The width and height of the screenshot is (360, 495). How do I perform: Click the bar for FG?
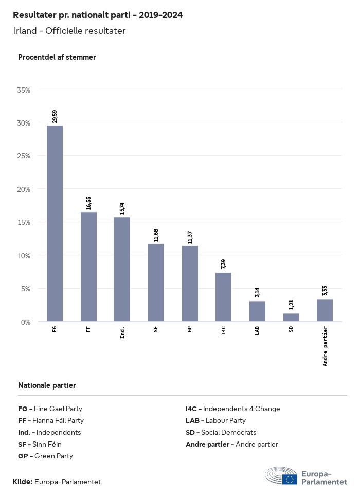(x=55, y=223)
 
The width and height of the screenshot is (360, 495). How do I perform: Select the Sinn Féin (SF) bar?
(x=156, y=282)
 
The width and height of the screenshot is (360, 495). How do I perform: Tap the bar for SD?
(x=291, y=317)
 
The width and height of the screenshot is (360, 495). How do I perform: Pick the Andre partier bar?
(x=325, y=310)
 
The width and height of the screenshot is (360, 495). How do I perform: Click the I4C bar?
(x=223, y=297)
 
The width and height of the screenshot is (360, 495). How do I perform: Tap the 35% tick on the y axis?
(x=24, y=90)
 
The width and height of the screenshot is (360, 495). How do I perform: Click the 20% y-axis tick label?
(x=24, y=189)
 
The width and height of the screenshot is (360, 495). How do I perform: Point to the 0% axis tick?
(x=26, y=322)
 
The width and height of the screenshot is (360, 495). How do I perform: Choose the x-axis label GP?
(x=190, y=329)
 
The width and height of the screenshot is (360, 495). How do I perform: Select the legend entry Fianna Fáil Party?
(x=51, y=420)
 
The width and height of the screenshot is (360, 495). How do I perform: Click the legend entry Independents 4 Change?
(x=232, y=409)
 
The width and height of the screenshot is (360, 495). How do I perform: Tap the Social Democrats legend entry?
(x=221, y=432)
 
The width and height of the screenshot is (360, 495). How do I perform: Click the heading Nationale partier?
(x=47, y=385)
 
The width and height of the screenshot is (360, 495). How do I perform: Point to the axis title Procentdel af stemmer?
(x=57, y=57)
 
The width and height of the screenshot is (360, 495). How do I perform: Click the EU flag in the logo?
(x=290, y=479)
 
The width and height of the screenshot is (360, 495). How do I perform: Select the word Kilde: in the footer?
(x=23, y=482)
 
